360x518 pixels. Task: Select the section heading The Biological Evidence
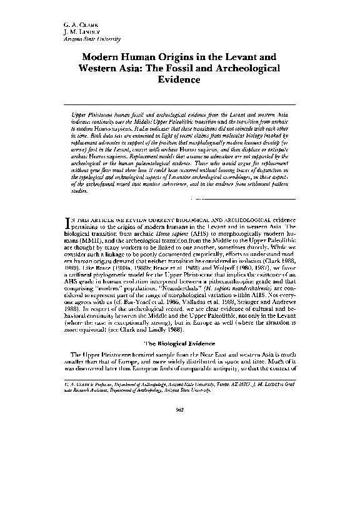[x=179, y=344]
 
